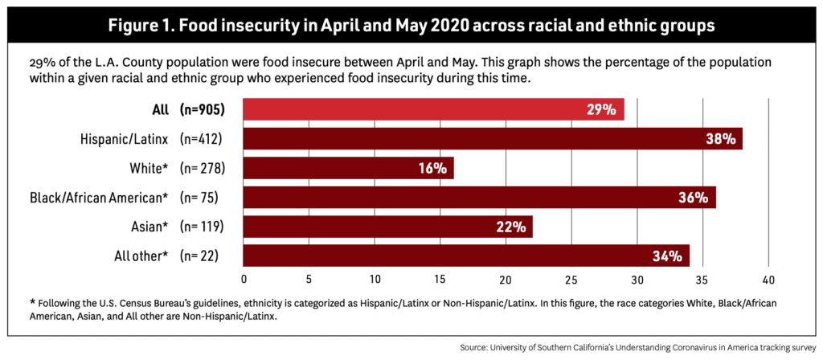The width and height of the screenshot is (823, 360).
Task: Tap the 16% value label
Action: [x=432, y=168]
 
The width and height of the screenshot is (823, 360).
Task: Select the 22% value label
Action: [x=511, y=227]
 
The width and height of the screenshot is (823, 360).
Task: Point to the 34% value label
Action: [x=669, y=256]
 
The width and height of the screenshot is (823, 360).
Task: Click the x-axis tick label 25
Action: [x=571, y=280]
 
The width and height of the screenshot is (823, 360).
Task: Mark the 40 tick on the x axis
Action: [x=768, y=280]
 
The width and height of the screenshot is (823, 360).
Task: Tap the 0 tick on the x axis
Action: [x=244, y=280]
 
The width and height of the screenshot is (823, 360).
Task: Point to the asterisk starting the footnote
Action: [x=32, y=303]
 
